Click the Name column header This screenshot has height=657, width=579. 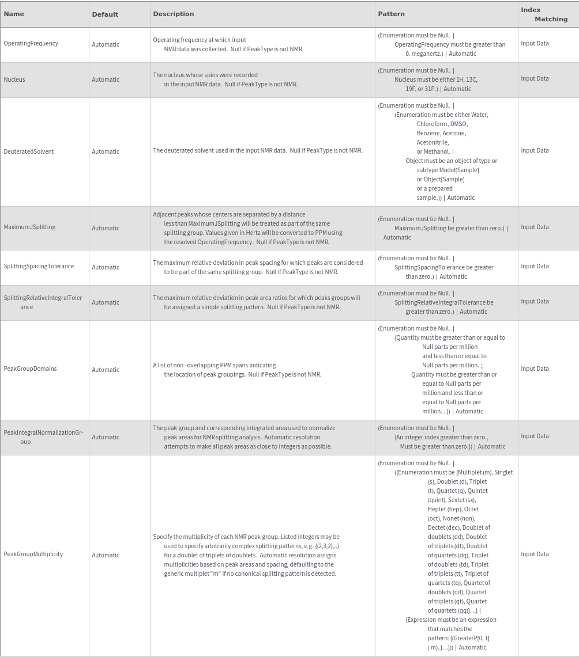[x=14, y=14]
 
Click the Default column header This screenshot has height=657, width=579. [x=104, y=14]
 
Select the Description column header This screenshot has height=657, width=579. [x=173, y=14]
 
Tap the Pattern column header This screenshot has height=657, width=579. [x=391, y=14]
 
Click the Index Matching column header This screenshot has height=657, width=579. [x=544, y=14]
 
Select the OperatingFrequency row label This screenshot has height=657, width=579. [x=31, y=43]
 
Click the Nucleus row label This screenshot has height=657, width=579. [x=14, y=79]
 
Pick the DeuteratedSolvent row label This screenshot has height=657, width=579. [x=28, y=151]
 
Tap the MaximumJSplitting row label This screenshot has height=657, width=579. [x=29, y=227]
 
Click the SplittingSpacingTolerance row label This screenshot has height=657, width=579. [x=39, y=266]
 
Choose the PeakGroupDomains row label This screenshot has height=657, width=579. [x=30, y=369]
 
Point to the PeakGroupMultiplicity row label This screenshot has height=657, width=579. [x=33, y=554]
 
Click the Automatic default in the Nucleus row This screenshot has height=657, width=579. [x=106, y=79]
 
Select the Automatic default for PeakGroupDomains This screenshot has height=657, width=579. [x=106, y=370]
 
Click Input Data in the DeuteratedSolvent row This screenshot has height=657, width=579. [x=535, y=150]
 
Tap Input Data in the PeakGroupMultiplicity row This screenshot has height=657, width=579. [x=535, y=554]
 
